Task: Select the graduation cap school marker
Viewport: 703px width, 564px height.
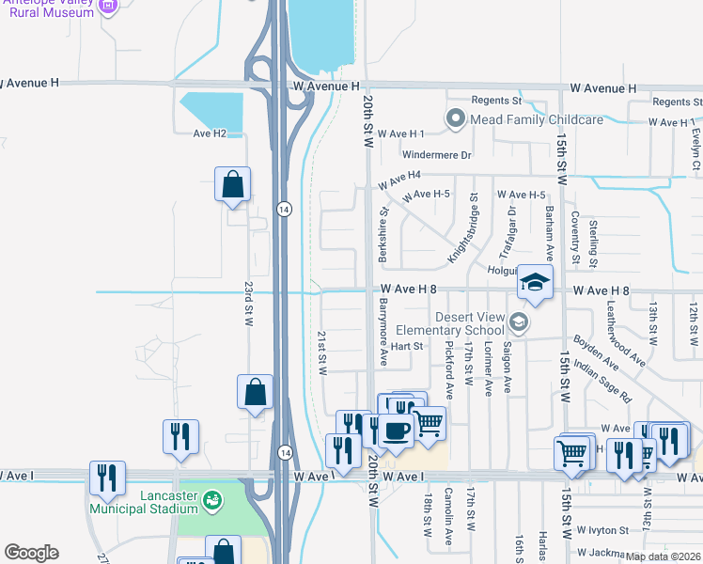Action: (x=535, y=284)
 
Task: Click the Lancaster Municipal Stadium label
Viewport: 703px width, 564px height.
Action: (x=143, y=502)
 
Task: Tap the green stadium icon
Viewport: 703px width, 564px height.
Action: (x=213, y=497)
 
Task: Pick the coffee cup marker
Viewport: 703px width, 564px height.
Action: (x=397, y=431)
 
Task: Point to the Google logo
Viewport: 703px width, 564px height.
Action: (x=31, y=553)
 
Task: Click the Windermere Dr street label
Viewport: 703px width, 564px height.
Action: (x=436, y=154)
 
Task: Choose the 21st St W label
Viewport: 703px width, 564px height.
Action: (x=321, y=352)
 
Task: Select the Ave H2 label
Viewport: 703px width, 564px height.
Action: (x=210, y=133)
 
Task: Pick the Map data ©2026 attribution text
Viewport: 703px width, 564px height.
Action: (x=662, y=556)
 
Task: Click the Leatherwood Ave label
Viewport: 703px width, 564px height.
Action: (x=626, y=333)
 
